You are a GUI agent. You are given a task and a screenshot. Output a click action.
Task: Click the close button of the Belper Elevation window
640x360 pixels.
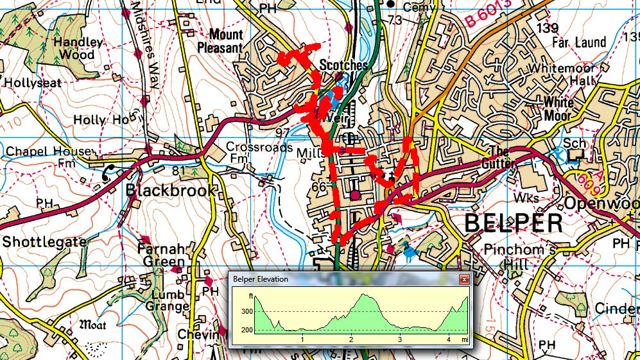click(x=463, y=279)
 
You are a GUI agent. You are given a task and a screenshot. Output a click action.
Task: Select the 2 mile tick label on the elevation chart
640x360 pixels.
click(x=350, y=339)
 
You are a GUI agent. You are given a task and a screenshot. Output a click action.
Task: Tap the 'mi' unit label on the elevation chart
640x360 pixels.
click(x=463, y=339)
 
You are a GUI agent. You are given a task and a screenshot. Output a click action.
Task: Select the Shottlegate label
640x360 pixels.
click(x=44, y=241)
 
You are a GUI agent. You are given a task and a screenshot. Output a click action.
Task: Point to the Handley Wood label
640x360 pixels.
click(x=78, y=49)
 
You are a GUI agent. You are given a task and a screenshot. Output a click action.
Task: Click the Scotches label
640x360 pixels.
click(x=343, y=65)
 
